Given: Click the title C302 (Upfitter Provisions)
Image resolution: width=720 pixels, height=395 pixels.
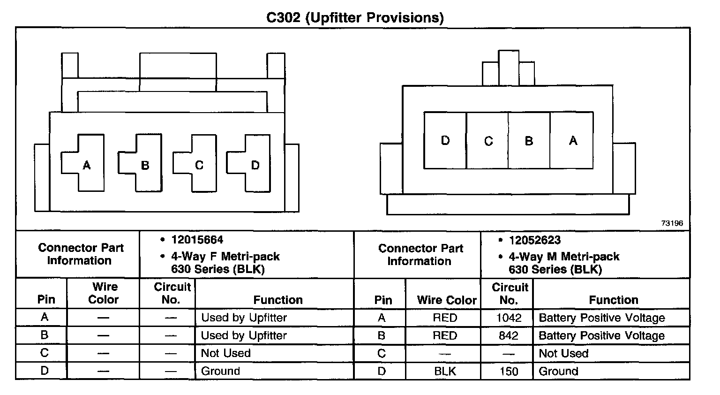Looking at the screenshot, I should [x=355, y=17].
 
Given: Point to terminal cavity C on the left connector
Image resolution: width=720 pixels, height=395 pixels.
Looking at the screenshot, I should [x=197, y=164].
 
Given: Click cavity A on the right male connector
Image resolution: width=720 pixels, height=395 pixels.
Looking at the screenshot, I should [x=572, y=140].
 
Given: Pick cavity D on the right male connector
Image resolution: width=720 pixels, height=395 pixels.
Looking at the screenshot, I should [x=445, y=140].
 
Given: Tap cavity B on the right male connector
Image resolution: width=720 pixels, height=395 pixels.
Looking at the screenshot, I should [x=529, y=140].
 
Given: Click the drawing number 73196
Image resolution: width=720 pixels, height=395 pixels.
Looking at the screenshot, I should [x=672, y=223].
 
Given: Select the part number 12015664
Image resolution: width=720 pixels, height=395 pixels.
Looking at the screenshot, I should [x=197, y=240].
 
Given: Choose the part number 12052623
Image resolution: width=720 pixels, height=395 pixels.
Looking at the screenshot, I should [x=534, y=240].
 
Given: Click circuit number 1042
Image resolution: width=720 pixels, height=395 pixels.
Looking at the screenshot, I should [x=509, y=318].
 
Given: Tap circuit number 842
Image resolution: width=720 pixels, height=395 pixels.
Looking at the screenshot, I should [x=509, y=336].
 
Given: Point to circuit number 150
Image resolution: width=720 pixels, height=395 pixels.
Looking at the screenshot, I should [x=509, y=372].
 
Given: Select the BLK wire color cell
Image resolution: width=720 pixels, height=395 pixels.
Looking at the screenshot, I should [x=444, y=372].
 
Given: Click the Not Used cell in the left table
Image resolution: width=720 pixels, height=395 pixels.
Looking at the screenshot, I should [x=225, y=353].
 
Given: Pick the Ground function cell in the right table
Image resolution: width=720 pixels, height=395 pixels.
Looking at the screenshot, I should [x=558, y=372].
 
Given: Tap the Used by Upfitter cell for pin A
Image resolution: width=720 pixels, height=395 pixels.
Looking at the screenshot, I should [x=244, y=318].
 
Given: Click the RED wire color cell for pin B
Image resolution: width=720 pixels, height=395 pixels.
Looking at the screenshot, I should [x=444, y=336].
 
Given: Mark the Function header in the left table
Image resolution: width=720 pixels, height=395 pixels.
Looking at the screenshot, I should [x=278, y=300].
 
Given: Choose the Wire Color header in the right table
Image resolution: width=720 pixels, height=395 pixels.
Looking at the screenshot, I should [x=446, y=300].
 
